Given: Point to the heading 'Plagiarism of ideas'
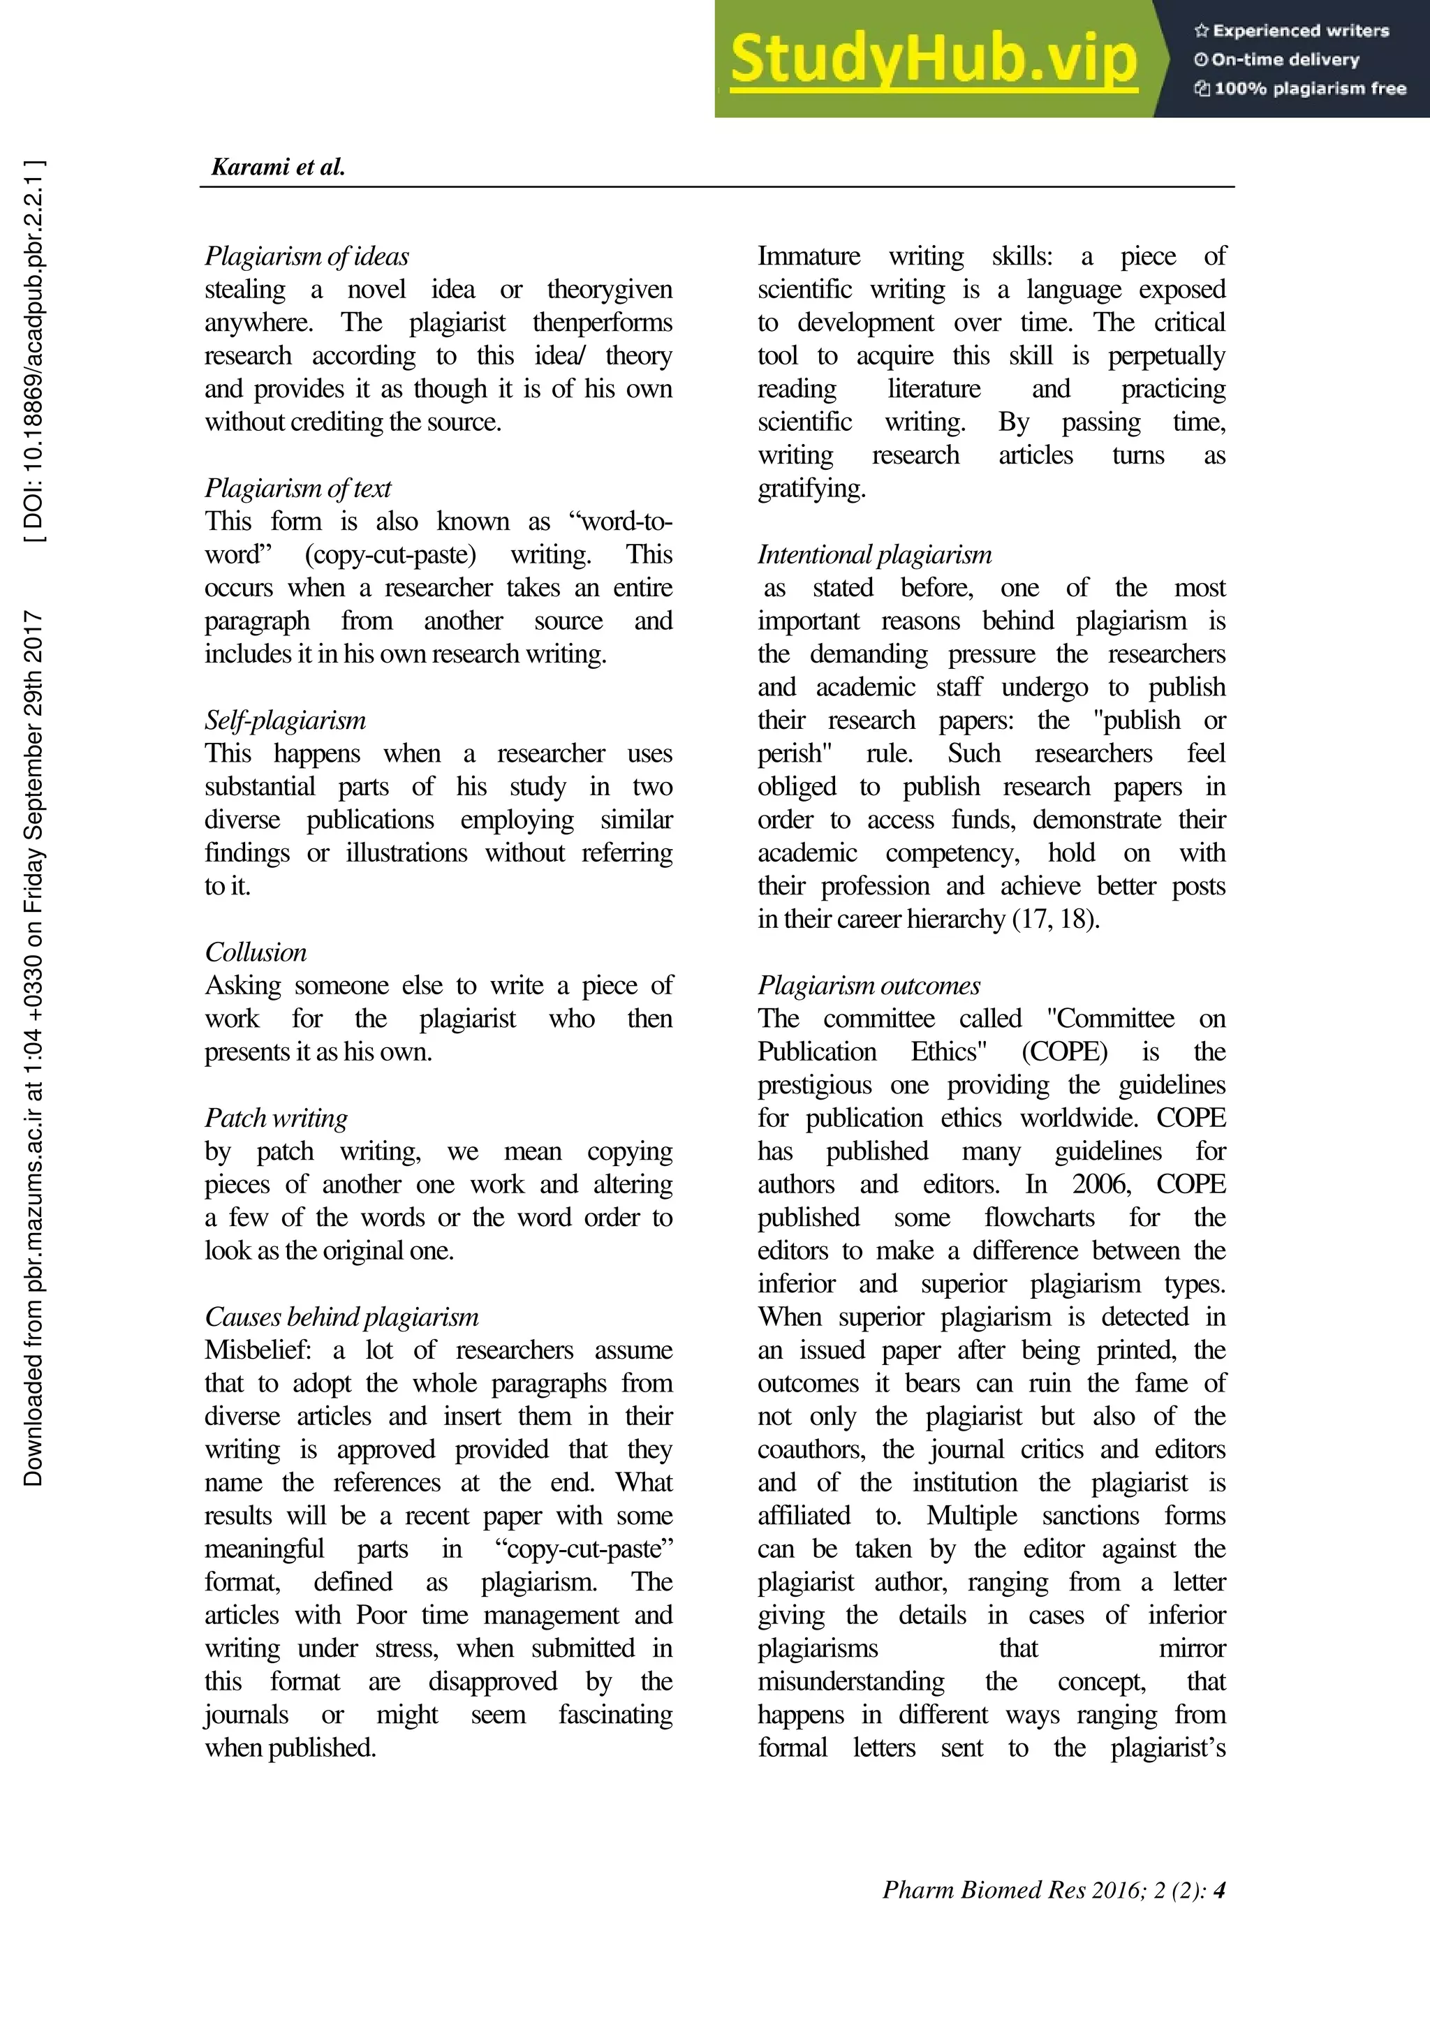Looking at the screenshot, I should click(307, 256).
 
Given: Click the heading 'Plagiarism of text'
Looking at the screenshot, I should click(297, 488).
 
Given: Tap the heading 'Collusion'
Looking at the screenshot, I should click(256, 952).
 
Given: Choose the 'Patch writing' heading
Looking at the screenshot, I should click(276, 1118).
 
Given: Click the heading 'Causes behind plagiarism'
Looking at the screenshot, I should click(341, 1317).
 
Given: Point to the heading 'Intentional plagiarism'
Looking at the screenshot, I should click(874, 555).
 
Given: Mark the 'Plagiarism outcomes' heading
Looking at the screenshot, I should click(868, 985).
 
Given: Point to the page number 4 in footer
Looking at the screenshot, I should click(1218, 1890).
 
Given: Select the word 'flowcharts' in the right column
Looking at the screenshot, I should click(1039, 1217).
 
